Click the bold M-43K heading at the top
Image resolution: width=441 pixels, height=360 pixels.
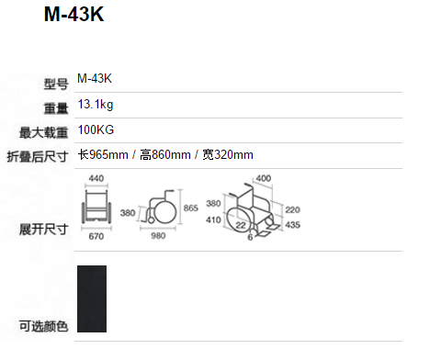click(74, 14)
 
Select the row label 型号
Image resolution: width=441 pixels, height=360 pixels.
click(56, 84)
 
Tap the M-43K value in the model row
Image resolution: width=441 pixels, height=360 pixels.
click(95, 79)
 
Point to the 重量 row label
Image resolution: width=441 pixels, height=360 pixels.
click(56, 108)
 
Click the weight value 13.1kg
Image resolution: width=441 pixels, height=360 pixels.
click(96, 105)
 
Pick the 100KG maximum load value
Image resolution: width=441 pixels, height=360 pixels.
click(96, 129)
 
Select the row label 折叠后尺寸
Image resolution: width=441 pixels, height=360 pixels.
click(38, 157)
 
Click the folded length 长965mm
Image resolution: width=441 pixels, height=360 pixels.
click(103, 154)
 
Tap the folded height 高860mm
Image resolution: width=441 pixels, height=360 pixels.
click(165, 154)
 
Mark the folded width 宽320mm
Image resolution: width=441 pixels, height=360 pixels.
click(228, 154)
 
